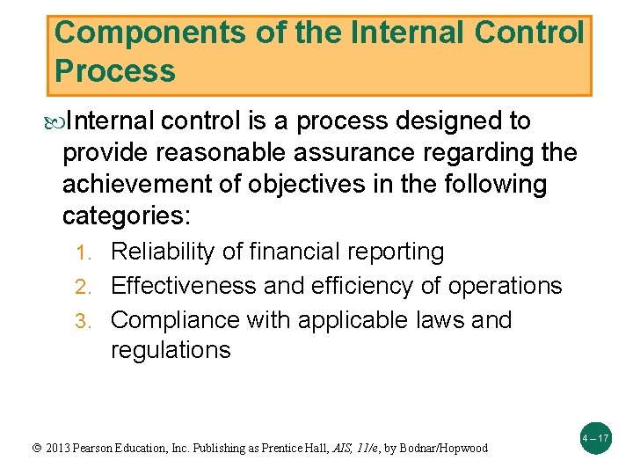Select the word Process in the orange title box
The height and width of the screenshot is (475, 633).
pyautogui.click(x=115, y=70)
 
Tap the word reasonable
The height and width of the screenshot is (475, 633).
pyautogui.click(x=241, y=152)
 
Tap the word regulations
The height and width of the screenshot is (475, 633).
pyautogui.click(x=171, y=350)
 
